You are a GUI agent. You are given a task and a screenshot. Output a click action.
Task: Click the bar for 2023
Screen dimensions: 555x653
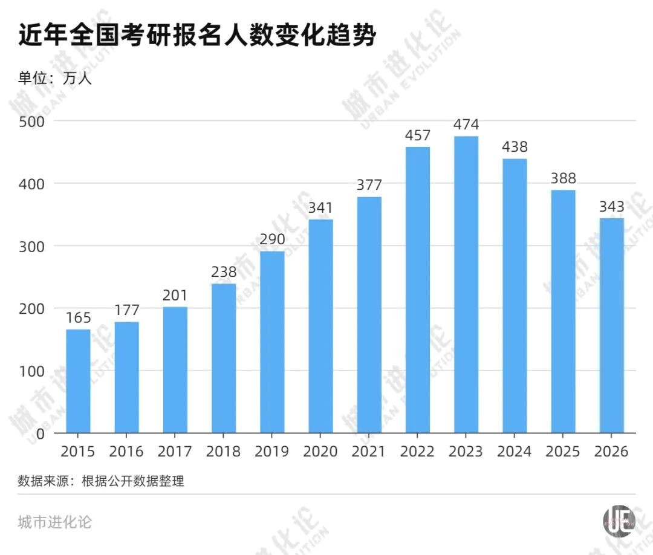pos(466,284)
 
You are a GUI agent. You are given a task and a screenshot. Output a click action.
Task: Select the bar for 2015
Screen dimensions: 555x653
pos(78,381)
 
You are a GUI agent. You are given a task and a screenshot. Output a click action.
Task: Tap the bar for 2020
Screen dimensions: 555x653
pos(320,326)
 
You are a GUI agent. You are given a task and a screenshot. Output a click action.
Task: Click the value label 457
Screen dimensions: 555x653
pos(417,135)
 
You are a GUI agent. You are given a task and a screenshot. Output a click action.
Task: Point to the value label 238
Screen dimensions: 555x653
pos(224,272)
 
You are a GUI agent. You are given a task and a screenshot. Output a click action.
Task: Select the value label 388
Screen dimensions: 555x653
pos(563,178)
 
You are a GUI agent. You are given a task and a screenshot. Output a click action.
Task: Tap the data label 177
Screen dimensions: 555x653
pos(126,310)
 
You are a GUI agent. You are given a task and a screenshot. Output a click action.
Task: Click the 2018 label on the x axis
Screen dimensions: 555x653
pos(223,452)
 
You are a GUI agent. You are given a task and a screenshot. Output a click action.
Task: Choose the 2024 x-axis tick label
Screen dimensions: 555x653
pos(514,452)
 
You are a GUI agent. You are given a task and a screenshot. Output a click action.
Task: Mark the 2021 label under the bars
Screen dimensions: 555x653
pos(369,452)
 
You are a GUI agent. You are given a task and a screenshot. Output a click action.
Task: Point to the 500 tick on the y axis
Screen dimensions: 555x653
pos(33,120)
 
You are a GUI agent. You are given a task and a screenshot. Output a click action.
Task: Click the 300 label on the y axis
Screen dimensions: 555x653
pos(33,245)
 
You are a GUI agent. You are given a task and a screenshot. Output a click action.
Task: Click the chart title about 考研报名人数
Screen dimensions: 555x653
pos(197,35)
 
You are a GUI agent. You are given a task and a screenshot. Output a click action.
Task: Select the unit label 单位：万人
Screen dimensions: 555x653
pos(55,77)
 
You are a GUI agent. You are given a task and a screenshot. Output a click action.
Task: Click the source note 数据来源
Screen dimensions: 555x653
pos(101,481)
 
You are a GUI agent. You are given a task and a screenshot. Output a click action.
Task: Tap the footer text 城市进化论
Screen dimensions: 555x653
pos(55,522)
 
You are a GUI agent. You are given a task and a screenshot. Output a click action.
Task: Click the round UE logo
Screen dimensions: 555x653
pos(619,521)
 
